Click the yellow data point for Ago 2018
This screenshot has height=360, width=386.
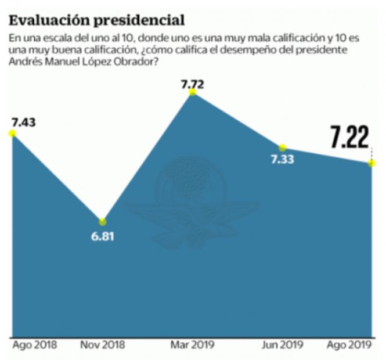(12, 134)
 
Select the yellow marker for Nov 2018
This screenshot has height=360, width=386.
(102, 222)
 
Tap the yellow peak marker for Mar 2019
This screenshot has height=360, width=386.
(193, 92)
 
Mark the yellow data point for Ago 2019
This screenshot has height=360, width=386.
(371, 163)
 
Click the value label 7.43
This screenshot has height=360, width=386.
(23, 122)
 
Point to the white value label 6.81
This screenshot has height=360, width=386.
(102, 236)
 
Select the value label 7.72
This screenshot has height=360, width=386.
(193, 84)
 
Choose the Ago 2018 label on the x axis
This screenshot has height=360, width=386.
(34, 345)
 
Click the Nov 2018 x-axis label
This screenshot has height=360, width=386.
(102, 345)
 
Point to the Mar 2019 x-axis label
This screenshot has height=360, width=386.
(193, 345)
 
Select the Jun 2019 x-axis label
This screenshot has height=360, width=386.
(283, 345)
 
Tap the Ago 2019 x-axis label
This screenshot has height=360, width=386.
(350, 345)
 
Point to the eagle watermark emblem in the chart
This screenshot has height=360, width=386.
(192, 203)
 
